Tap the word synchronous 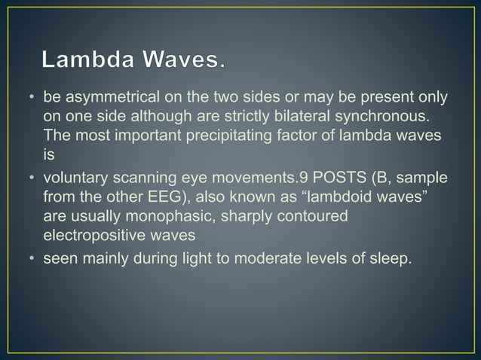point(381,116)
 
